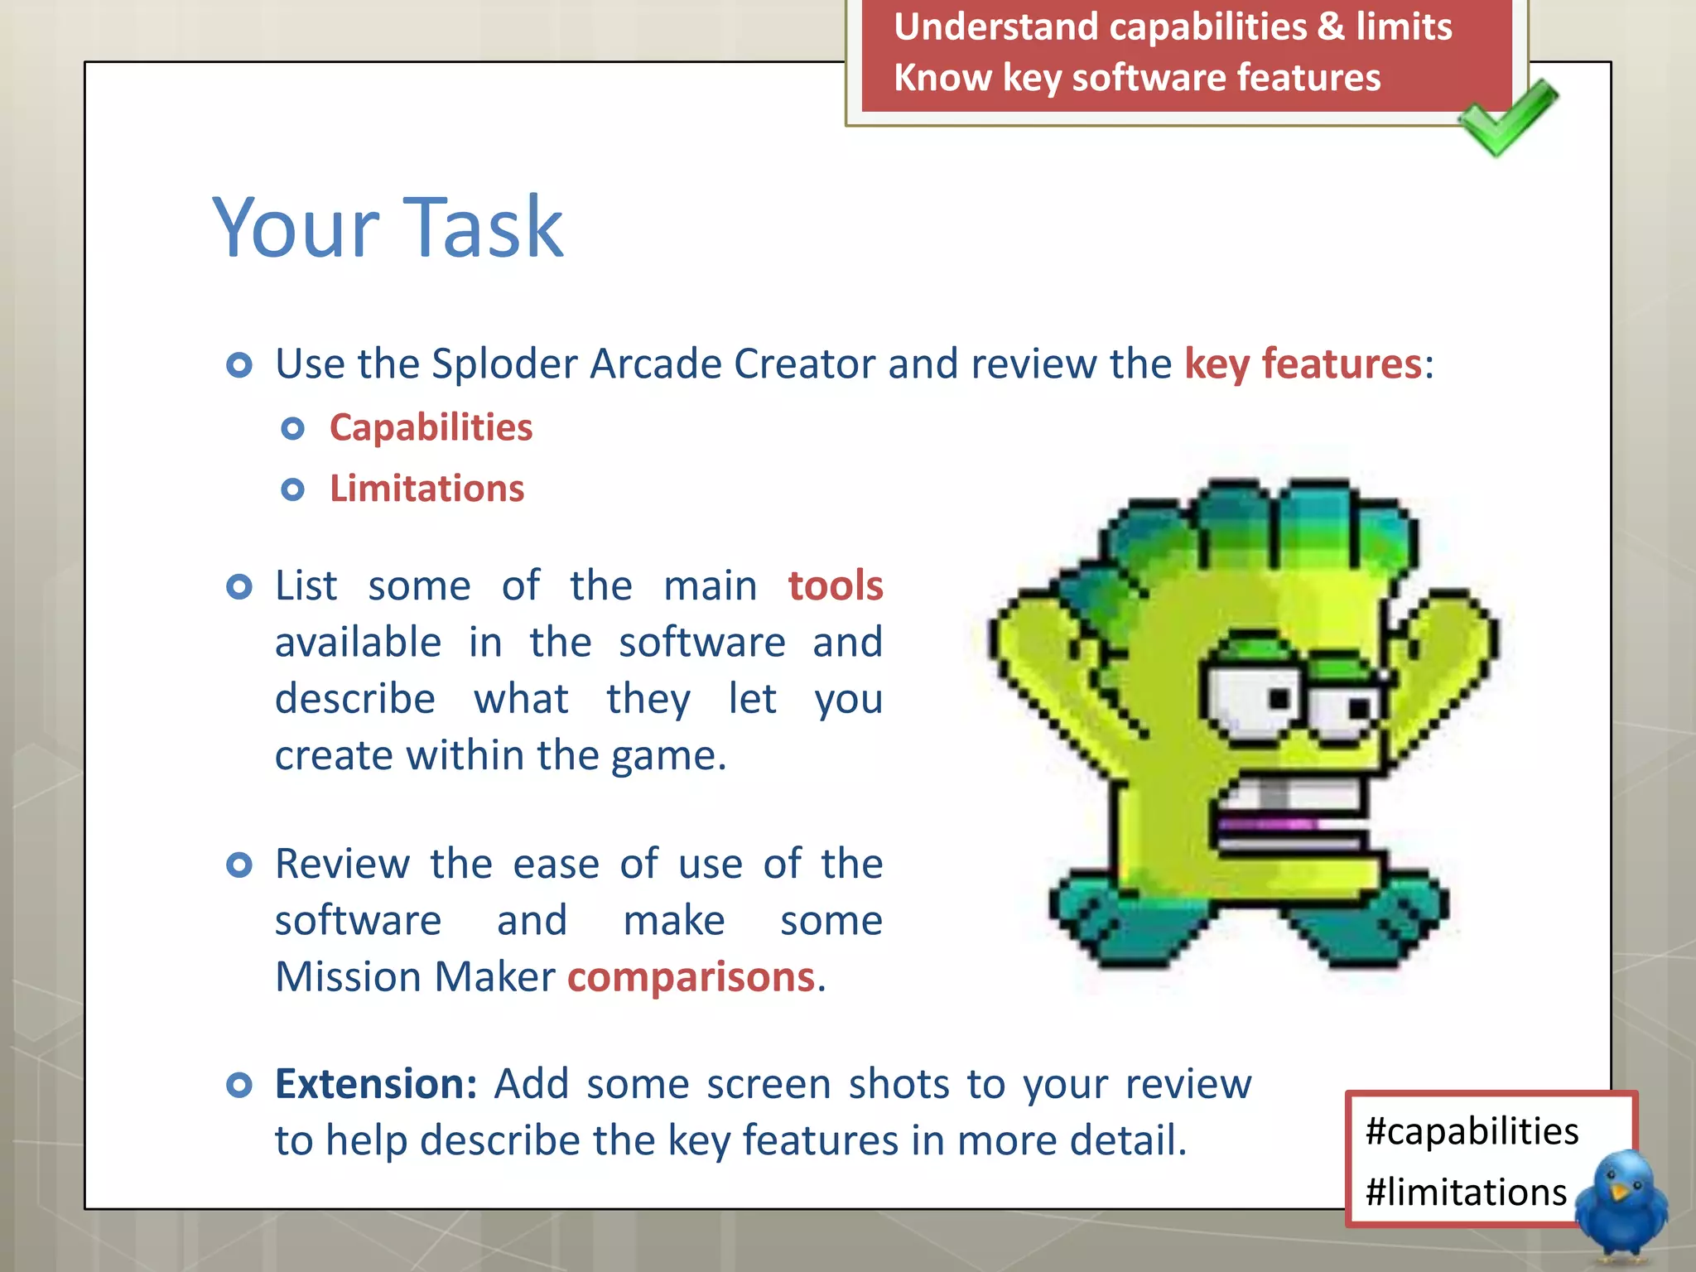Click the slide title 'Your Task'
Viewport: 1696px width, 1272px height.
click(x=388, y=227)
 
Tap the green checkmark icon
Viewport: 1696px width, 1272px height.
click(x=1507, y=118)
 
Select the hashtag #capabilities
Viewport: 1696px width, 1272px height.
click(x=1472, y=1131)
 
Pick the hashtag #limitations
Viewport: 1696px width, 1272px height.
click(x=1466, y=1192)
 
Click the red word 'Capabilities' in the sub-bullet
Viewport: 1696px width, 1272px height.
click(x=431, y=428)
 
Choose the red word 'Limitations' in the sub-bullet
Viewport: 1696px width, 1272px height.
click(x=426, y=489)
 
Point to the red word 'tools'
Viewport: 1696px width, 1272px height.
click(x=835, y=586)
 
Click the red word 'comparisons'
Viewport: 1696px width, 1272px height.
click(x=691, y=977)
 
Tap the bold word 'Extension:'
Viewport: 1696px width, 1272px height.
click(x=376, y=1084)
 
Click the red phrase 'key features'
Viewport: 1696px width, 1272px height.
click(x=1303, y=364)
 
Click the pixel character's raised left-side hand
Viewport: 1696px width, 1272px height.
click(x=1035, y=638)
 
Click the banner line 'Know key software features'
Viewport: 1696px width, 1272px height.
click(x=1137, y=78)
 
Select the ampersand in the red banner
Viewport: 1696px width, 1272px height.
click(x=1330, y=26)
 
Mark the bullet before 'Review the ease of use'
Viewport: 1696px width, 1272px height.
click(x=239, y=865)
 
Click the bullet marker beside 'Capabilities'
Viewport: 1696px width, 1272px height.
click(x=292, y=429)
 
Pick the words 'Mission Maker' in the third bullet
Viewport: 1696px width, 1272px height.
click(x=415, y=977)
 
